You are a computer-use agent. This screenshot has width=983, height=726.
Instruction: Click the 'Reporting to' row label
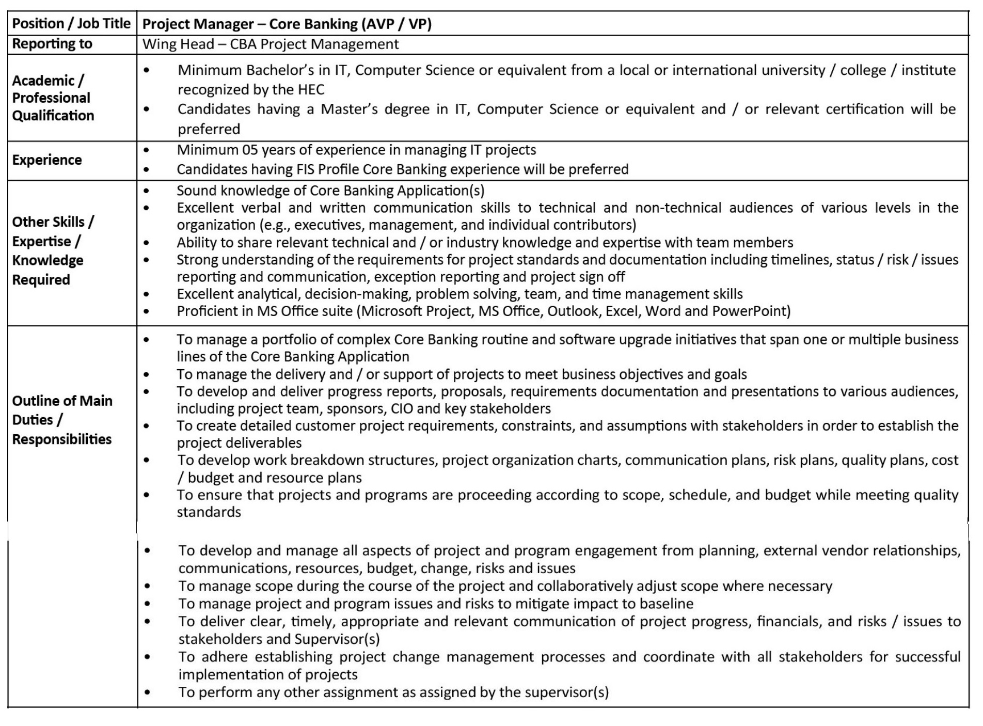(52, 44)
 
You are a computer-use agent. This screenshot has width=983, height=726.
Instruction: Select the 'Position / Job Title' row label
(71, 23)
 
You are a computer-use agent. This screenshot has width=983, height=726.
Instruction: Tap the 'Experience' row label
(47, 160)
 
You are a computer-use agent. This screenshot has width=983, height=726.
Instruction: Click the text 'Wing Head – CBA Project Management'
(270, 44)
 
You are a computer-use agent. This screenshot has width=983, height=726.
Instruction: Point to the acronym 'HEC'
(311, 90)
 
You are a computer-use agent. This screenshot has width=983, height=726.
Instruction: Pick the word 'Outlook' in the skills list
(571, 311)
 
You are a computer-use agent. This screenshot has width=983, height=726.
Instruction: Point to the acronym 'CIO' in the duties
(402, 409)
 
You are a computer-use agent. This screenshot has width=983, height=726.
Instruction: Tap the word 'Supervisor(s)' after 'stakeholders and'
(337, 640)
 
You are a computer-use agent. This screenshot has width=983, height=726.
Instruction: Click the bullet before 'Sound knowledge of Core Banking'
(147, 191)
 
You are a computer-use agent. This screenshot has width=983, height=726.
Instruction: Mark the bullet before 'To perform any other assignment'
(148, 692)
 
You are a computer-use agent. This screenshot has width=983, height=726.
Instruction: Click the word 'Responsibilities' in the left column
(62, 439)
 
